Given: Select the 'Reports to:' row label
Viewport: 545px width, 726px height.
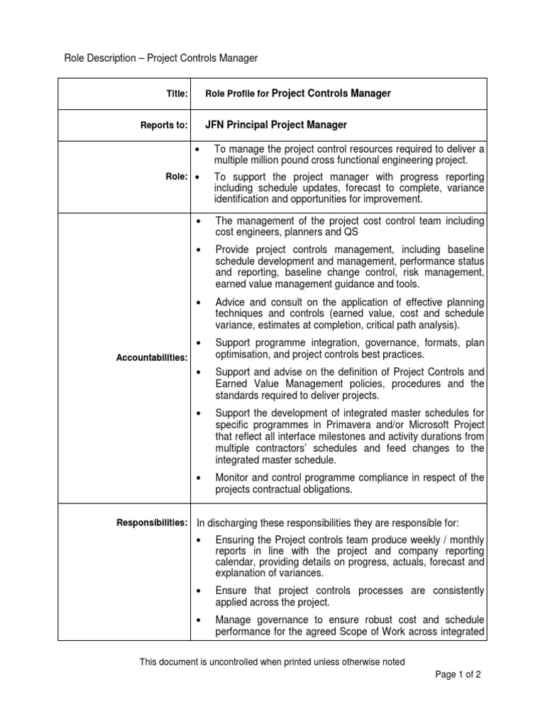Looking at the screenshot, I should coord(164,125).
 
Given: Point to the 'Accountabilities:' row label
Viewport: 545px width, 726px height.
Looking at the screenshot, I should coord(152,358).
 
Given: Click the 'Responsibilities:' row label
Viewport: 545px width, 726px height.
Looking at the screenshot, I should coord(152,523).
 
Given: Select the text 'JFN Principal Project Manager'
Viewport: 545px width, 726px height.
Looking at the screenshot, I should coord(276,125).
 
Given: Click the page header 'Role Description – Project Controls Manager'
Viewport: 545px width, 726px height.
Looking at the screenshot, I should coord(161,58).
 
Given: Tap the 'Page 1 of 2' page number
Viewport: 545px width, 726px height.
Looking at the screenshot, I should coord(458,675).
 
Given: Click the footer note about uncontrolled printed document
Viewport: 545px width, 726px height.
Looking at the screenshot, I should coord(272,662).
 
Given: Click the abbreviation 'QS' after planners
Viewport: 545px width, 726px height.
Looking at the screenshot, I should coord(352,233).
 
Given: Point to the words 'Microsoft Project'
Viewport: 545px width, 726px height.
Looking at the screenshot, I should coord(444,424).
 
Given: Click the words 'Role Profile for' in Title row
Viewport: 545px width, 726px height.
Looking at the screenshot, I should coord(238,94).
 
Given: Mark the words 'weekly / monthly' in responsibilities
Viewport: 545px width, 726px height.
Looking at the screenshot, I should coord(450,540).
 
